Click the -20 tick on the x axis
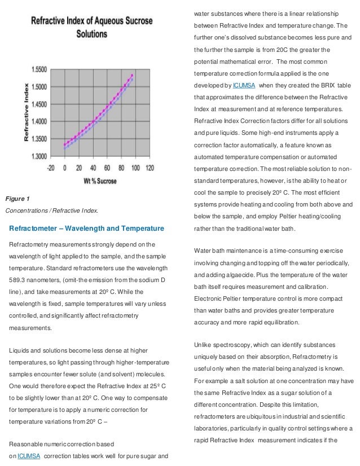[52, 168]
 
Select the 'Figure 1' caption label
[17, 199]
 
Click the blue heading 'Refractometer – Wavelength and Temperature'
[86, 228]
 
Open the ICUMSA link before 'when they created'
[245, 85]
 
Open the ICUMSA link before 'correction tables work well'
[29, 456]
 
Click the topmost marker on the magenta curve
[132, 75]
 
